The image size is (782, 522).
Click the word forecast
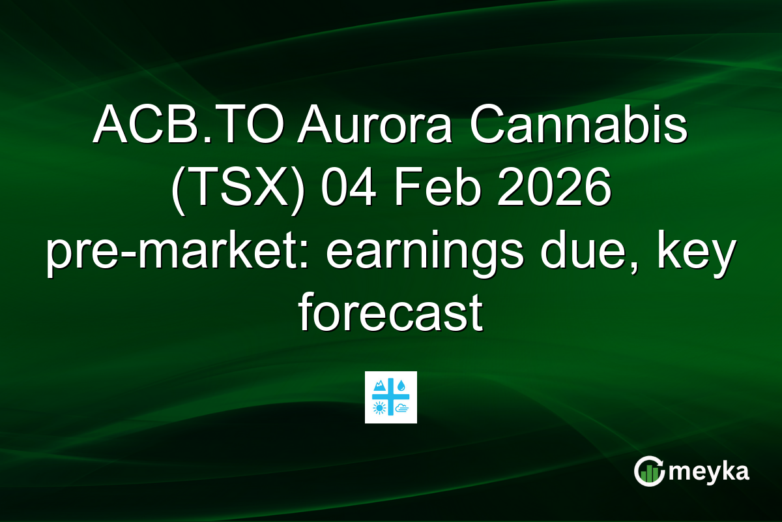(x=390, y=315)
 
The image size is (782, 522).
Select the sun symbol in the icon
(x=379, y=409)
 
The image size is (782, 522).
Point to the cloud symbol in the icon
(x=401, y=409)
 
